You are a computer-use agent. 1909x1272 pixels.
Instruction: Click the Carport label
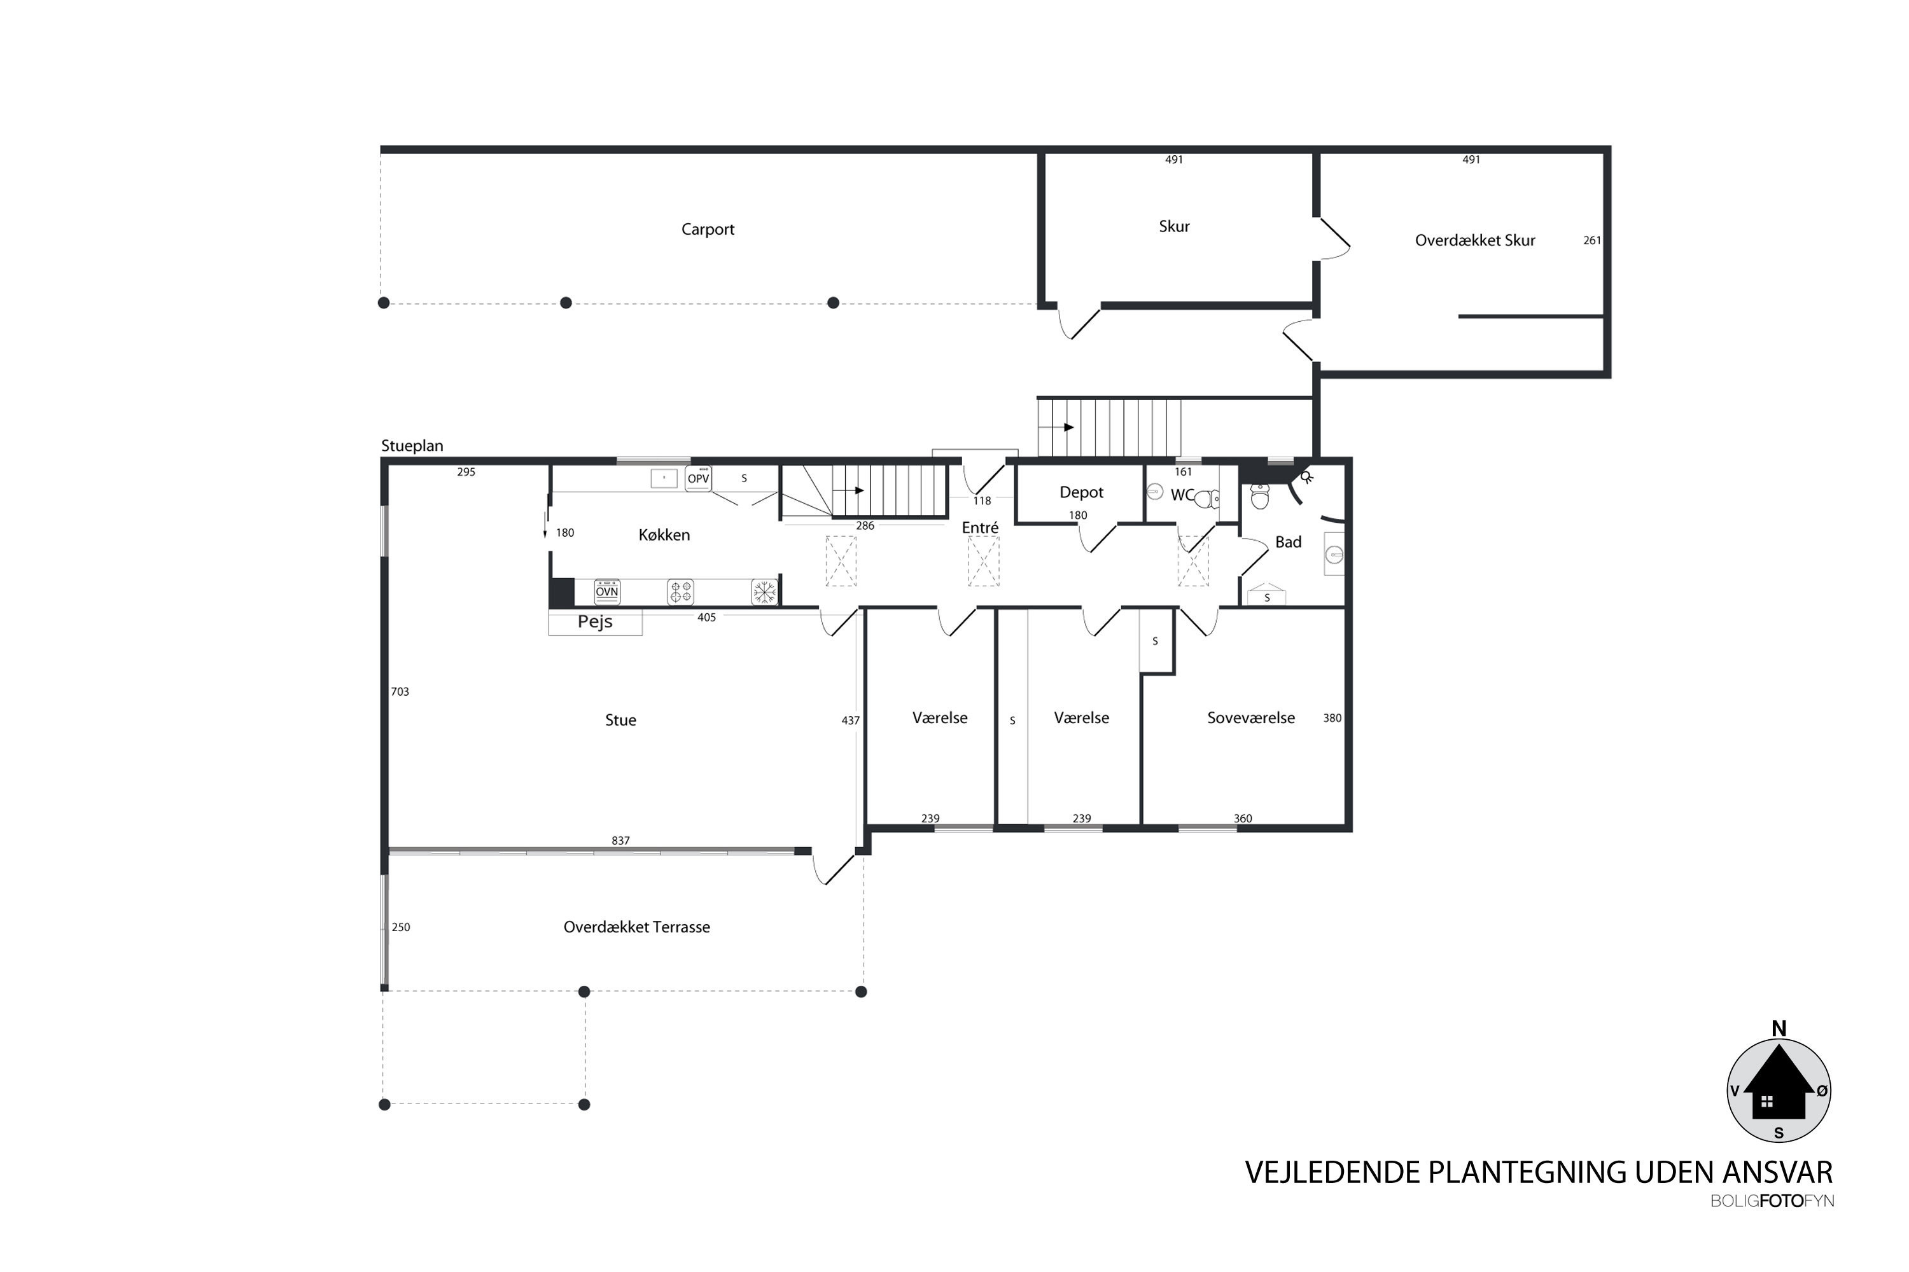707,230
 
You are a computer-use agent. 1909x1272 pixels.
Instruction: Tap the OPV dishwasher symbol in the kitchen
698,479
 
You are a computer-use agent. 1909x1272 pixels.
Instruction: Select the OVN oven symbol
607,591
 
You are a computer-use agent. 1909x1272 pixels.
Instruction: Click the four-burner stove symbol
680,592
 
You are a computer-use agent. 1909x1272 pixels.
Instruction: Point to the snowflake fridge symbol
764,592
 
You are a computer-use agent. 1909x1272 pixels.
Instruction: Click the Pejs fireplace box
595,622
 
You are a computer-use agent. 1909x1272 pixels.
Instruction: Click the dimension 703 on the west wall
400,692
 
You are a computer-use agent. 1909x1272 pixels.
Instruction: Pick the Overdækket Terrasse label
636,927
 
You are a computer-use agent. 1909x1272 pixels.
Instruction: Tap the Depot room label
1081,492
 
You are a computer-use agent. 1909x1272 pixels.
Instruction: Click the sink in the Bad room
1334,555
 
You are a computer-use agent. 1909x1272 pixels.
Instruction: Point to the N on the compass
1779,1028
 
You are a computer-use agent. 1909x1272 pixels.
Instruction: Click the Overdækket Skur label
1475,240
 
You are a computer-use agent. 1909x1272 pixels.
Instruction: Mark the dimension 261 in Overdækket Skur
1591,240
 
